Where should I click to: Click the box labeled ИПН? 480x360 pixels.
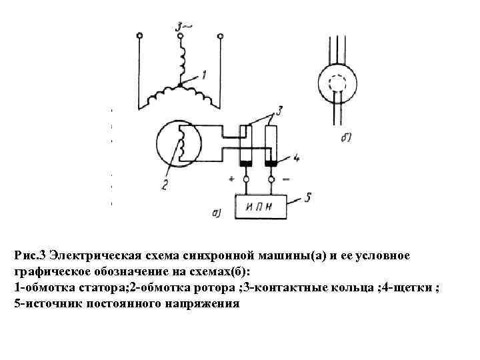point(261,207)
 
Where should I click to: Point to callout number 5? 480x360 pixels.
point(308,197)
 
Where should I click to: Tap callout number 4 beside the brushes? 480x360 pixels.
point(297,159)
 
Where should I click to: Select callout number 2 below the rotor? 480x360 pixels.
point(164,185)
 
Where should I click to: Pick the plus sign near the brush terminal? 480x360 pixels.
point(231,179)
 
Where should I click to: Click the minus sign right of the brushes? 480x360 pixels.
point(286,179)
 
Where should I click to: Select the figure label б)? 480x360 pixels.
point(346,139)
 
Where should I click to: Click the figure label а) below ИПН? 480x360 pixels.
point(217,213)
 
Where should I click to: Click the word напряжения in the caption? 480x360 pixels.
point(203,302)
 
